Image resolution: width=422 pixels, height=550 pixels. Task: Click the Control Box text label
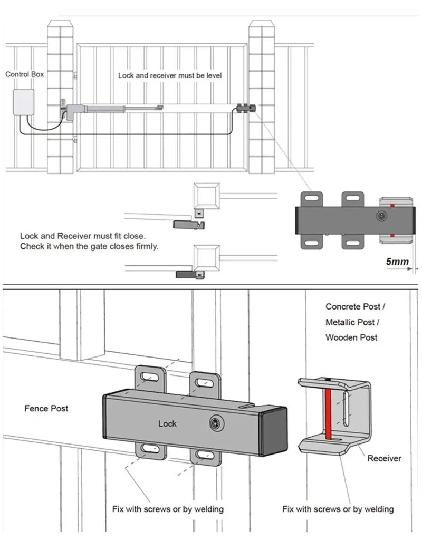click(24, 74)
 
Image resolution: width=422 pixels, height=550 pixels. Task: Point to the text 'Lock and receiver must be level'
click(170, 75)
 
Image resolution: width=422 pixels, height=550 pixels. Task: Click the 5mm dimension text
click(397, 262)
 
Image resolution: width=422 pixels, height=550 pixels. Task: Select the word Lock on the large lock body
click(167, 423)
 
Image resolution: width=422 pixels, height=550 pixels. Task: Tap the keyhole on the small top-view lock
click(381, 216)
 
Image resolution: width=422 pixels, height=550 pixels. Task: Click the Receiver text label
click(384, 458)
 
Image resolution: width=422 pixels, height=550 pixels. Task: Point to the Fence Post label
click(46, 408)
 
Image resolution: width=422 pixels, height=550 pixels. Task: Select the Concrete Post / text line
click(356, 306)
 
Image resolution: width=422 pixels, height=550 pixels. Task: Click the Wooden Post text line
click(351, 337)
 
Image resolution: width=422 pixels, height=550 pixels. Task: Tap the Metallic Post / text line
click(352, 322)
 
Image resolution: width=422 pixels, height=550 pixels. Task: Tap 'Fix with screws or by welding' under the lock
click(168, 509)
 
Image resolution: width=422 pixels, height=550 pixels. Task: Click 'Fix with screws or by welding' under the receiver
click(338, 509)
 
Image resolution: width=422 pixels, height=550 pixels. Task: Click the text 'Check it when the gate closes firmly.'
click(89, 246)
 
